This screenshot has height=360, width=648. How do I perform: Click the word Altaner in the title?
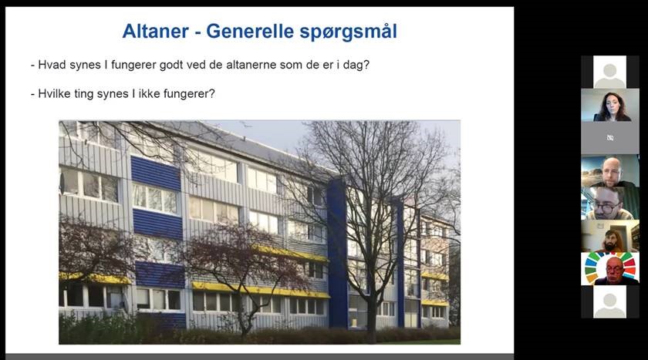(155, 32)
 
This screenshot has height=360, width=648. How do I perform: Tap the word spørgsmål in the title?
(349, 32)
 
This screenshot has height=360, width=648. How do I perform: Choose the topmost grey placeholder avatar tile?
(609, 72)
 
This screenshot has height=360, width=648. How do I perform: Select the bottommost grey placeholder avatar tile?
(609, 301)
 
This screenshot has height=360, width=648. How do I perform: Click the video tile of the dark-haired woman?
(609, 105)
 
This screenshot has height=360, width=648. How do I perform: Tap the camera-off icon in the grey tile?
(610, 138)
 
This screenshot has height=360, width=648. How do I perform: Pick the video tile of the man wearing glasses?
(609, 203)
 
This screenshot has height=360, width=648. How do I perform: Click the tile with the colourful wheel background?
(609, 269)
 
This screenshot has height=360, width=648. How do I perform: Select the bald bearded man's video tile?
(609, 170)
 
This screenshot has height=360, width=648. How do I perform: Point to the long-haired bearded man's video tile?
(609, 236)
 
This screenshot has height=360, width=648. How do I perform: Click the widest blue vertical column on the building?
(338, 254)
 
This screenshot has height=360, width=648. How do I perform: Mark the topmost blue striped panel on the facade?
(156, 173)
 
